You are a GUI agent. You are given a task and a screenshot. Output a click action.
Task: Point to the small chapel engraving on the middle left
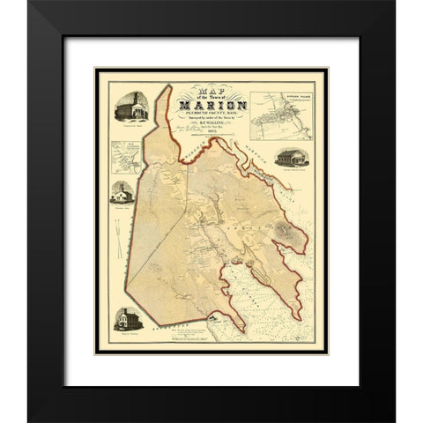click(122, 193)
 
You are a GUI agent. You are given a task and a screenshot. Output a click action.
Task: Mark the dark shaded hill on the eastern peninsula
click(286, 231)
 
